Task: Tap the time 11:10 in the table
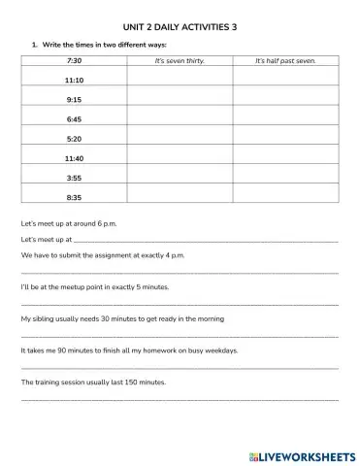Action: coord(74,81)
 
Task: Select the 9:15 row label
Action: coord(74,100)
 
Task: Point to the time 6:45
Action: coord(74,119)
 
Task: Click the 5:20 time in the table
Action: coord(74,139)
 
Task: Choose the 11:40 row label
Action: coord(74,158)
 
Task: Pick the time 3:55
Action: coord(74,178)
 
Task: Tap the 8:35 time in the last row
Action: coord(74,197)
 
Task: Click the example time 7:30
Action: coord(74,61)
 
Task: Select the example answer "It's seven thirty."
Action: coord(180,61)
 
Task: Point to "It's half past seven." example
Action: coord(285,61)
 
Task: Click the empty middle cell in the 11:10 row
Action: coord(180,81)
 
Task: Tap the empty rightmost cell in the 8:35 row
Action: coord(285,197)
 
